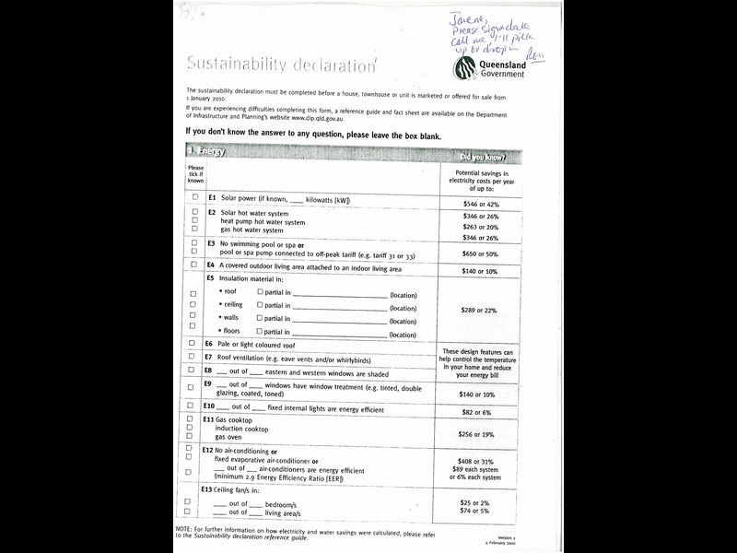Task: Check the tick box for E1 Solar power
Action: click(x=194, y=198)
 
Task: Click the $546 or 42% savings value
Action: click(x=480, y=203)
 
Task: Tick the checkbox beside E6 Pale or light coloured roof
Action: click(x=193, y=342)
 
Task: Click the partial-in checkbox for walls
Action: click(x=261, y=317)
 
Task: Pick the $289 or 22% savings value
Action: click(x=480, y=311)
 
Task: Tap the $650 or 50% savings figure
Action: click(x=480, y=253)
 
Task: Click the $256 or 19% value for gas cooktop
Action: click(x=480, y=434)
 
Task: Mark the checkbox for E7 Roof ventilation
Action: click(x=193, y=356)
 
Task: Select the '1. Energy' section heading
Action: click(x=206, y=150)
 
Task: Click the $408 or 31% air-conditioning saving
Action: click(x=480, y=461)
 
